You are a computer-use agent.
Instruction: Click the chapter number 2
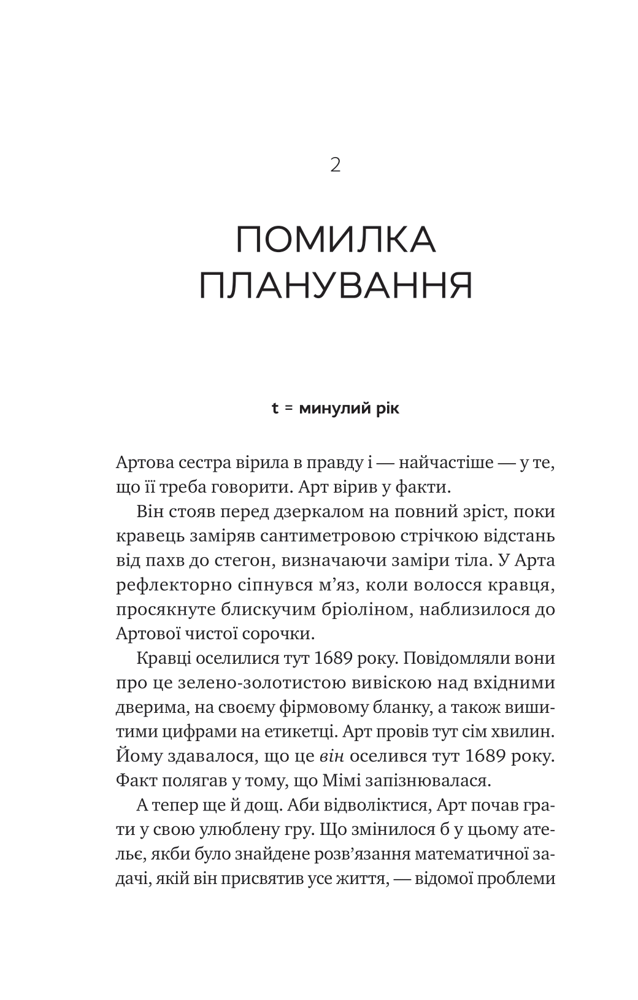tap(335, 165)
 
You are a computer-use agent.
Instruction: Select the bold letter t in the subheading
tap(275, 408)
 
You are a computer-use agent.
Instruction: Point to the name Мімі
tap(350, 780)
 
